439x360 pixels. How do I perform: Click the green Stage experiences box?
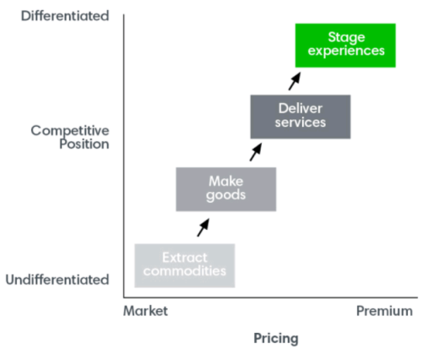coord(345,45)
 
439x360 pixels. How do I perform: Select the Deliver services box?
coord(301,116)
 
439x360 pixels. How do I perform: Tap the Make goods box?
coord(225,188)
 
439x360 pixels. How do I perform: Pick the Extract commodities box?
coord(184,265)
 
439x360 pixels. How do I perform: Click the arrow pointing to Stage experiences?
coord(295,80)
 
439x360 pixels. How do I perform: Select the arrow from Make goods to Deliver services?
coord(256,152)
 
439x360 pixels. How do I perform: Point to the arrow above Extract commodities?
coord(203,226)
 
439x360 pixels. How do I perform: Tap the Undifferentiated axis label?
coord(57,280)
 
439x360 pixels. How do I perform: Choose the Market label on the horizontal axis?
coord(146,311)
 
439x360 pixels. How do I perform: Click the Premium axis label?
coord(384,311)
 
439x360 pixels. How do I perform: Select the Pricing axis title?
coord(276,339)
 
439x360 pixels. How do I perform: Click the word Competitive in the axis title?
coord(70,130)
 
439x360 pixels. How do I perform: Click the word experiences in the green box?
coord(346,52)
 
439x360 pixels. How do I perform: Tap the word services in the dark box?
coord(301,123)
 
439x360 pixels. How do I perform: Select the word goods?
coord(226,195)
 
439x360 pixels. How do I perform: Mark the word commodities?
coord(185,271)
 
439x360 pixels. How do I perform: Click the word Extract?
coord(185,257)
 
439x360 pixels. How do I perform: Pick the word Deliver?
coord(301,108)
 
